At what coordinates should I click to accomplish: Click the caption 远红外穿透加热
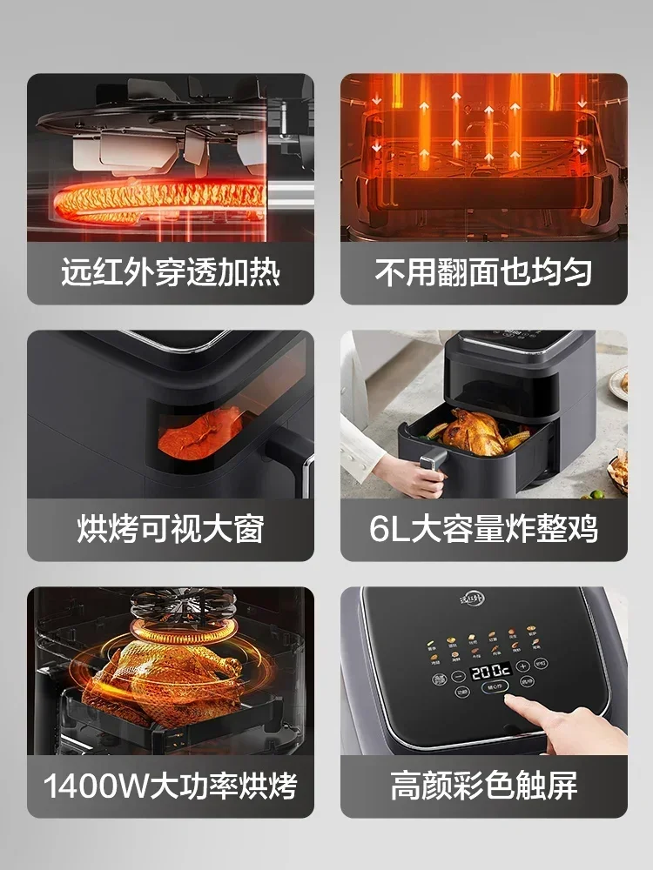tap(170, 272)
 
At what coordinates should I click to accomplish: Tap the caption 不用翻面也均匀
tap(483, 272)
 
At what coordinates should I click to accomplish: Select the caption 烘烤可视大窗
tap(170, 529)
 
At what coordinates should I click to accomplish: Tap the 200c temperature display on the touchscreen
tap(491, 673)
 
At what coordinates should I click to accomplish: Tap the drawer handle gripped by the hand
tap(428, 468)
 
